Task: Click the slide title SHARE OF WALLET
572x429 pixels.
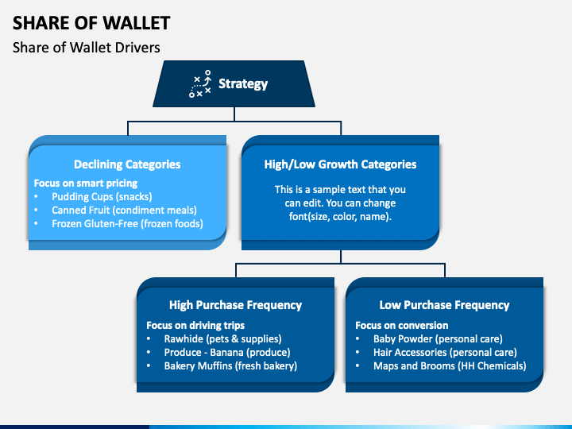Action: tap(91, 23)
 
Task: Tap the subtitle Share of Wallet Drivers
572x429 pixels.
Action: tap(87, 48)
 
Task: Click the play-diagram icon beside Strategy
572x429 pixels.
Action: tap(200, 84)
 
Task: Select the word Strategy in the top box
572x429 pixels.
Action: tap(243, 84)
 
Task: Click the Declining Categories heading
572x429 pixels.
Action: tap(127, 164)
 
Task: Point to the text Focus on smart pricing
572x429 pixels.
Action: tap(86, 184)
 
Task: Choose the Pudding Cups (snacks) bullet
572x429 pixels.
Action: tap(102, 197)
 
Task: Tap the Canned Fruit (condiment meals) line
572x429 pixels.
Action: tap(124, 210)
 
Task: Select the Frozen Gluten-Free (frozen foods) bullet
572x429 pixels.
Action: tap(127, 223)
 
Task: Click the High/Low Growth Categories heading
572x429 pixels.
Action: tap(340, 164)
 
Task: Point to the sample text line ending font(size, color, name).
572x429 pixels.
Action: tap(340, 217)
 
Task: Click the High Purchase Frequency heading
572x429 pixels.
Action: tap(236, 305)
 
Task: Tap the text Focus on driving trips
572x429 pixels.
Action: tap(195, 326)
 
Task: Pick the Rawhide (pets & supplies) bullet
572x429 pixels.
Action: tap(222, 339)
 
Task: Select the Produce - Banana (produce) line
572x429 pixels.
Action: tap(227, 353)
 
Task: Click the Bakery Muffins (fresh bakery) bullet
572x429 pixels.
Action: tap(230, 366)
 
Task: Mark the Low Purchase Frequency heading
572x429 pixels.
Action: tap(444, 305)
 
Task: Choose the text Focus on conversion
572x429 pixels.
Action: tap(402, 326)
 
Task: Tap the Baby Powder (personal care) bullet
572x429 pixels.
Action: tap(438, 339)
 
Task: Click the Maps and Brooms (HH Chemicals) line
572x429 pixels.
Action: tap(450, 366)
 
